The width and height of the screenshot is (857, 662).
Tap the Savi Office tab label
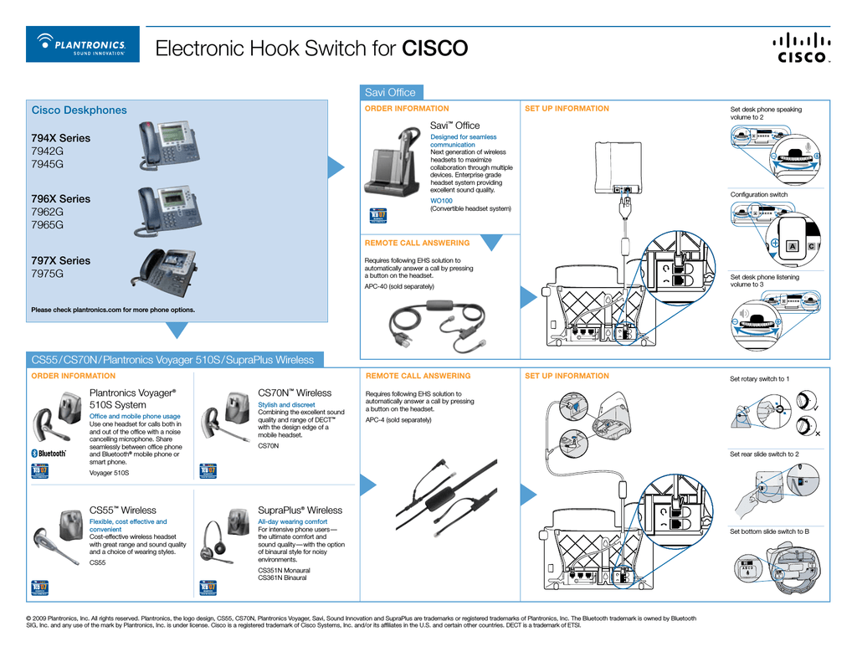[x=390, y=92]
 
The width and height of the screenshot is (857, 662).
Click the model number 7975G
[x=47, y=274]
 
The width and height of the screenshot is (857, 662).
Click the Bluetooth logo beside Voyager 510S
[x=49, y=453]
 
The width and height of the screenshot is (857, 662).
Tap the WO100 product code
[x=441, y=201]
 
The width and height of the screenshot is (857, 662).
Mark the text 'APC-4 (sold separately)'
[x=398, y=419]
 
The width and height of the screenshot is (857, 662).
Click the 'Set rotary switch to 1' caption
[x=759, y=379]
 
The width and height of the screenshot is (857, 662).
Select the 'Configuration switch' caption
[x=758, y=195]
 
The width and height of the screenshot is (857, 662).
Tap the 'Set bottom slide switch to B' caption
[x=769, y=531]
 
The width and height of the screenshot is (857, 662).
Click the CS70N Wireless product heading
[x=295, y=393]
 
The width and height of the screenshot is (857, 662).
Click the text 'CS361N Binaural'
[x=282, y=577]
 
